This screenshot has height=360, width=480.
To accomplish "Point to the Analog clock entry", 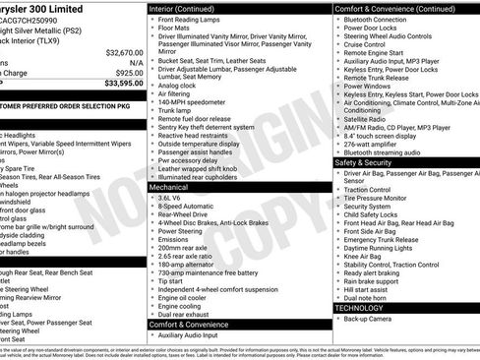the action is [179, 85].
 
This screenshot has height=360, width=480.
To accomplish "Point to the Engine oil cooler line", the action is [186, 296].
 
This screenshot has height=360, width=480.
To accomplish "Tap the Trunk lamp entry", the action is [178, 111].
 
